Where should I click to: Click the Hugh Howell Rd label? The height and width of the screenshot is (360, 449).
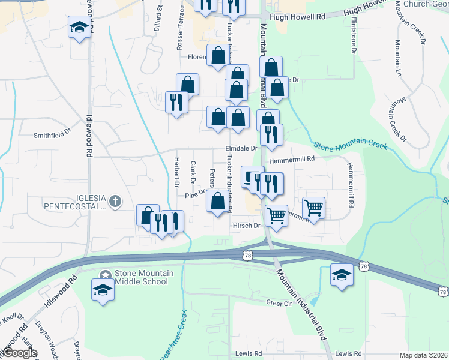click(x=297, y=17)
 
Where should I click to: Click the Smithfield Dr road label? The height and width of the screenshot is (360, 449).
click(x=52, y=136)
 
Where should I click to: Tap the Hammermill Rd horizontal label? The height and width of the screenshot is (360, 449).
click(x=292, y=160)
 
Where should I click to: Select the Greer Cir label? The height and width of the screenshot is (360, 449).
click(x=279, y=304)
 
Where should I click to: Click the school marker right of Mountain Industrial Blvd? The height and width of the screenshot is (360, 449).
click(x=342, y=275)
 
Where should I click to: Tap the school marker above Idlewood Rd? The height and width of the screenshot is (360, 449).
click(x=79, y=28)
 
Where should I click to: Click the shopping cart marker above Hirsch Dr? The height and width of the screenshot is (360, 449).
click(x=276, y=214)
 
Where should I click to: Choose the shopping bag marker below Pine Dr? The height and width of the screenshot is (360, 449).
click(x=218, y=201)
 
